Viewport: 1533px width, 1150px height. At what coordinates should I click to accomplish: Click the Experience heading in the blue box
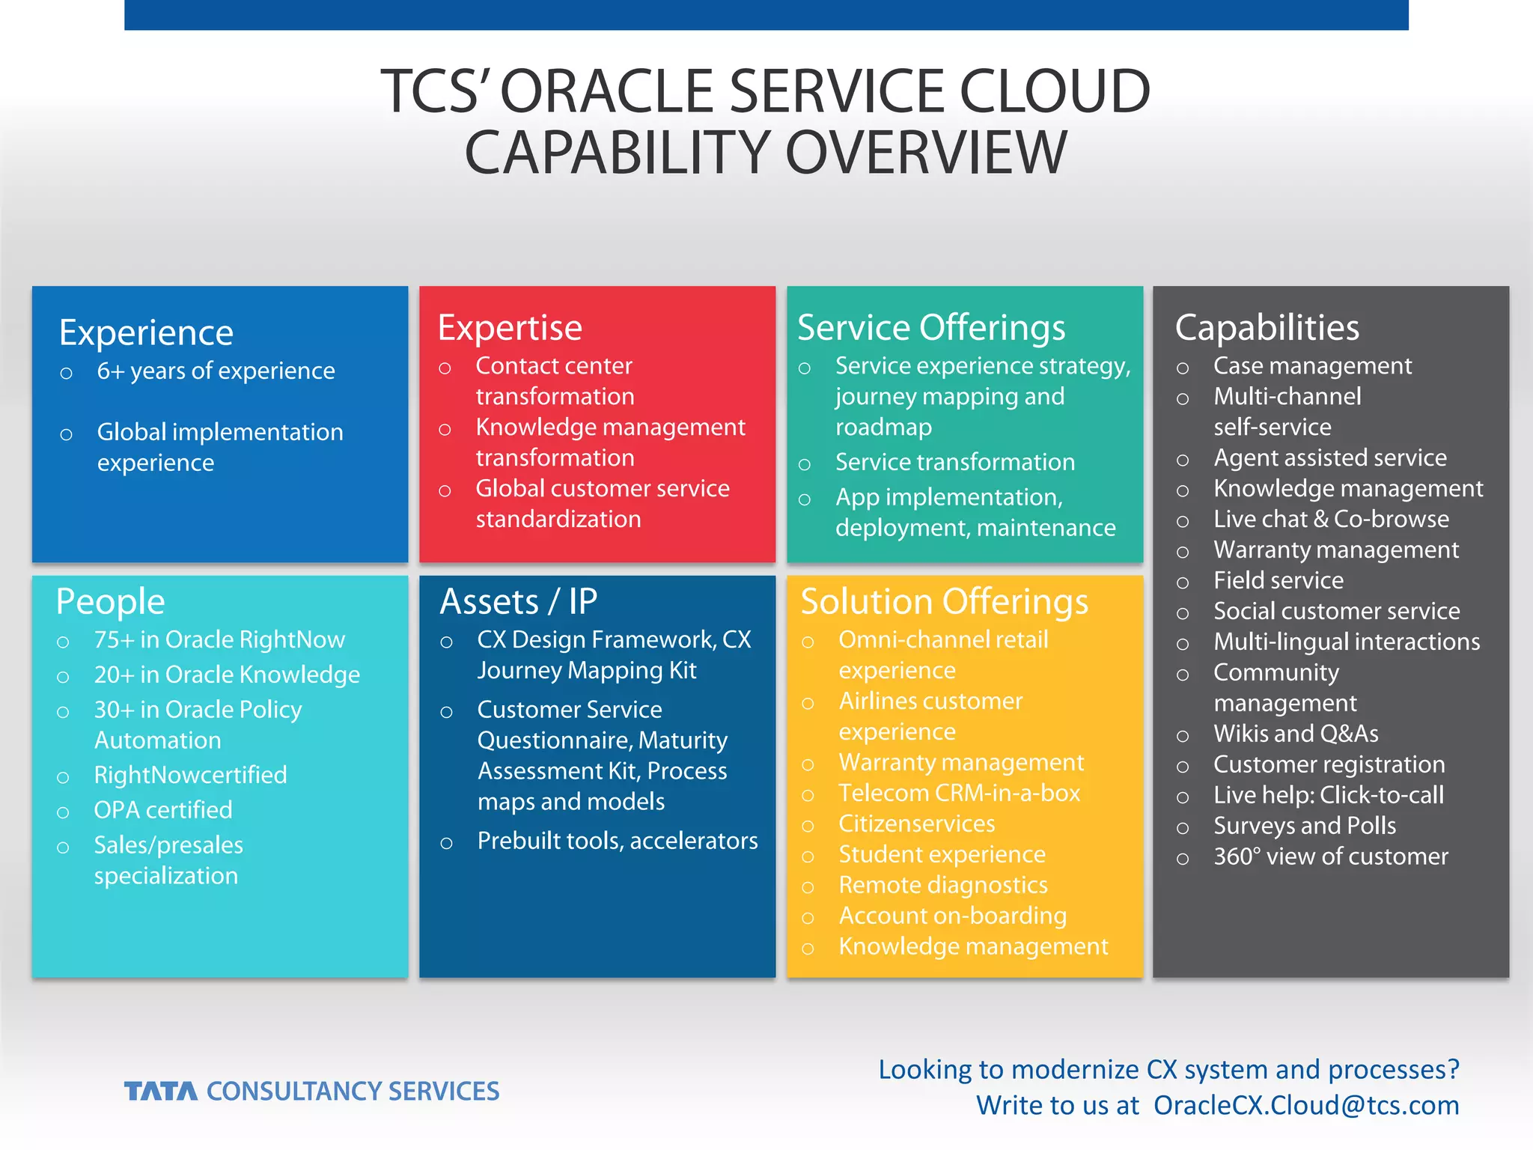[146, 332]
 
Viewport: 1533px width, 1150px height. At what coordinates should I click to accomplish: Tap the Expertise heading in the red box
[510, 328]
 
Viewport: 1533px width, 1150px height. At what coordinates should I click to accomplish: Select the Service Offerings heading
[931, 328]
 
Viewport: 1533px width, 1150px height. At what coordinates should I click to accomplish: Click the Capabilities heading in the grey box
[1267, 328]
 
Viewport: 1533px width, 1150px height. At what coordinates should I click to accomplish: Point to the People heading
[110, 601]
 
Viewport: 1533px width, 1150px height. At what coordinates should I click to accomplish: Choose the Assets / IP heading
[518, 601]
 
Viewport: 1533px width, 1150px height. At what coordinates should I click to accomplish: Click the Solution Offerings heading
[944, 601]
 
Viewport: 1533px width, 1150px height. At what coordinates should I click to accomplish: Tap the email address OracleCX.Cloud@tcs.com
[1305, 1105]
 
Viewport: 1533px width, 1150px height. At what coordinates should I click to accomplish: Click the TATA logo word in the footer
[161, 1092]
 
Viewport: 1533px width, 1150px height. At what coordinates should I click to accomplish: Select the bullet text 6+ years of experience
[216, 371]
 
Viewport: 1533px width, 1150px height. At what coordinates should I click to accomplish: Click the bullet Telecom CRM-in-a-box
[959, 793]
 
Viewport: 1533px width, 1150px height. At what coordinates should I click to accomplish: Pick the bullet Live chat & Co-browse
[1331, 519]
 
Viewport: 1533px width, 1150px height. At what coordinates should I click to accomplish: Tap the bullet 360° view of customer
[1330, 857]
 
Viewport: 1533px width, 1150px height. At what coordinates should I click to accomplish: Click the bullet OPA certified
[163, 810]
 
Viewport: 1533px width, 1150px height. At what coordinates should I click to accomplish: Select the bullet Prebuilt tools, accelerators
[617, 841]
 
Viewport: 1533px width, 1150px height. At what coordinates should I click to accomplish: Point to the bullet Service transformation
[954, 462]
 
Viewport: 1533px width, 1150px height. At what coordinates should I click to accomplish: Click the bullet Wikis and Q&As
[1296, 734]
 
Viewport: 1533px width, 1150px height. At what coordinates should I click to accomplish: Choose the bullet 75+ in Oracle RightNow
[219, 640]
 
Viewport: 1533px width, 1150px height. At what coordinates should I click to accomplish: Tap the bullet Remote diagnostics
[942, 885]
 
